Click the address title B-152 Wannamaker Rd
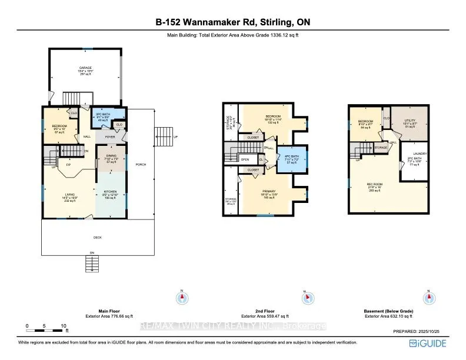coord(232,22)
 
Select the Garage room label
coord(86,68)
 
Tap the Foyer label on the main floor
coord(110,136)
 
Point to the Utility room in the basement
coord(410,120)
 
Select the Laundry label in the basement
coord(420,153)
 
